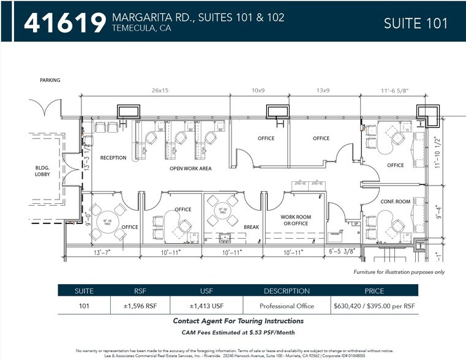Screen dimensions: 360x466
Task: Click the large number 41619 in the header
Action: pyautogui.click(x=65, y=23)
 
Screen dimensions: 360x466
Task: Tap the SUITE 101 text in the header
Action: pyautogui.click(x=415, y=23)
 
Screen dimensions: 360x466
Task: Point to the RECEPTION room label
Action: pyautogui.click(x=113, y=158)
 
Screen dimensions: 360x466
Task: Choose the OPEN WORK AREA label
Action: pyautogui.click(x=190, y=168)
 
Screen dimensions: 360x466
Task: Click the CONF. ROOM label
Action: pyautogui.click(x=394, y=202)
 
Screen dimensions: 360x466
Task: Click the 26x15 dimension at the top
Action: pyautogui.click(x=160, y=90)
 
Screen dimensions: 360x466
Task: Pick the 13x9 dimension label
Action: pyautogui.click(x=322, y=90)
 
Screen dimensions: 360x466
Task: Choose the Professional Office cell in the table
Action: pyautogui.click(x=287, y=306)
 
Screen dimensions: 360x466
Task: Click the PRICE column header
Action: pyautogui.click(x=374, y=291)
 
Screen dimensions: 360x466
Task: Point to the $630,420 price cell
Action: pyautogui.click(x=374, y=306)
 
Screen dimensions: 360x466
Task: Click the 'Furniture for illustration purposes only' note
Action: pyautogui.click(x=399, y=272)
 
